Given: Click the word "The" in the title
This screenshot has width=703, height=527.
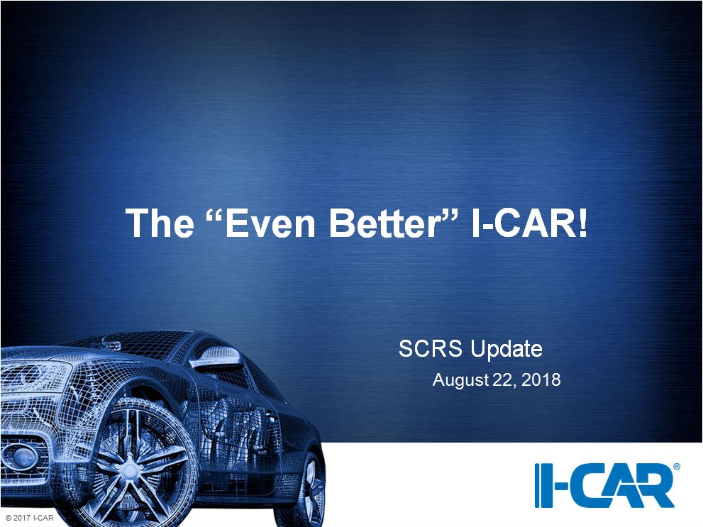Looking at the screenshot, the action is (x=160, y=223).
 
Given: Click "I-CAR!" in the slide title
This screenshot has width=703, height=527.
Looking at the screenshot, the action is (x=529, y=223).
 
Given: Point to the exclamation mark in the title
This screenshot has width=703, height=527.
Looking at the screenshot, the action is (x=582, y=223).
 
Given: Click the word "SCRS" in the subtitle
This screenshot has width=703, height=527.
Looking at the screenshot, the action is (x=430, y=349).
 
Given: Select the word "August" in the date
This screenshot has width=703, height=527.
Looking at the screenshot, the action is (x=460, y=380).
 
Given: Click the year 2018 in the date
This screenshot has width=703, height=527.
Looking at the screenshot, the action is (x=541, y=379).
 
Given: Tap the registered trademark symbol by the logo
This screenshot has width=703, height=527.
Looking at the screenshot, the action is (x=677, y=467).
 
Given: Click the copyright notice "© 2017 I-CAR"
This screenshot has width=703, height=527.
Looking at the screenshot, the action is (x=30, y=518).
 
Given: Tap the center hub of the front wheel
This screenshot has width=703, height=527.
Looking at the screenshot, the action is (x=129, y=470).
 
